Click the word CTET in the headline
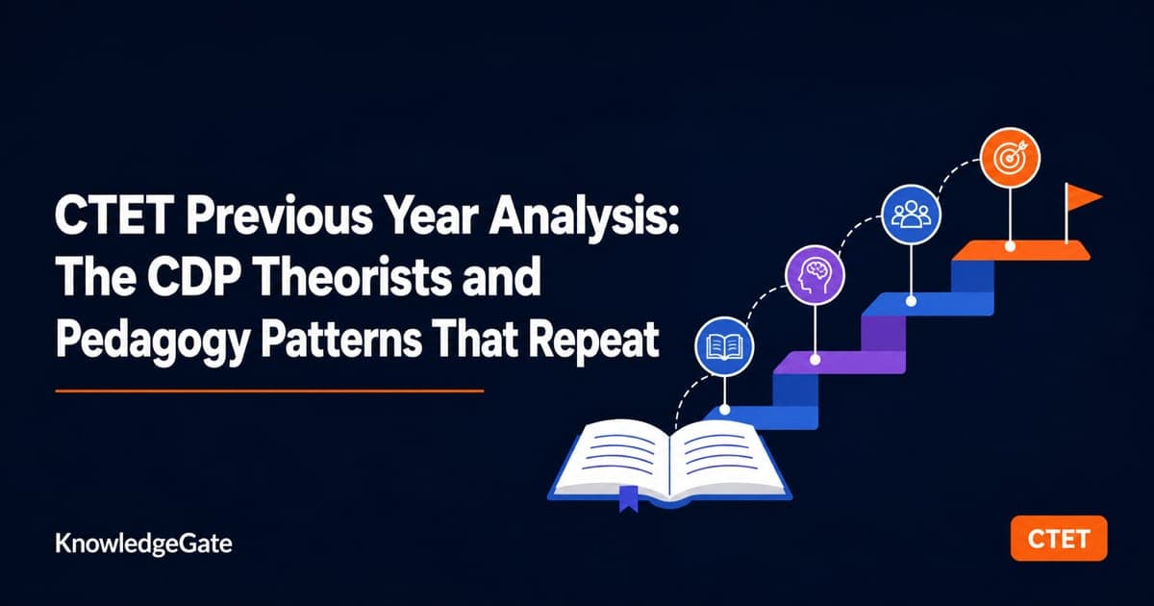[x=113, y=216]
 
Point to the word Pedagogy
[x=153, y=341]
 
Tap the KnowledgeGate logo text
[x=143, y=544]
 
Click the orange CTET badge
[x=1059, y=539]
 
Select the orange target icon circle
[x=1010, y=158]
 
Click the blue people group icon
[x=911, y=215]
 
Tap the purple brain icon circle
[x=815, y=275]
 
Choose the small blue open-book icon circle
[x=724, y=346]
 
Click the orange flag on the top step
[x=1082, y=198]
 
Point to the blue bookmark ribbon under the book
[x=629, y=498]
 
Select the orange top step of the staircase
[x=1020, y=250]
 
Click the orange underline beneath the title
[x=269, y=391]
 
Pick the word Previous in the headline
[x=279, y=216]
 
